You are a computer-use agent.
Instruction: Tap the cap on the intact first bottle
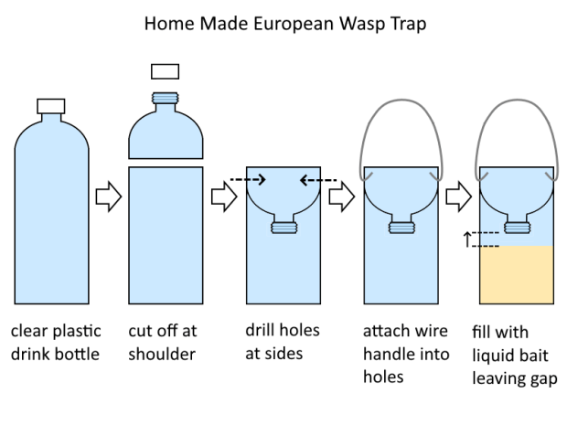(50, 106)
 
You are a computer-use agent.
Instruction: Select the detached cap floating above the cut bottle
(165, 71)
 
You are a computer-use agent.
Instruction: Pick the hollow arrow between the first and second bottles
(109, 197)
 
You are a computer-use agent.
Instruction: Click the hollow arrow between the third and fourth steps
(341, 197)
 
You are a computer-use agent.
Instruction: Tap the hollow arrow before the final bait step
(458, 197)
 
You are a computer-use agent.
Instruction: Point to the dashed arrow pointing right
(248, 180)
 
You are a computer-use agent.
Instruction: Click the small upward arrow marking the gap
(468, 240)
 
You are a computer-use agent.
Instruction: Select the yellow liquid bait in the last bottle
(517, 275)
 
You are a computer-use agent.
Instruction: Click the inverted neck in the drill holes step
(283, 225)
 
